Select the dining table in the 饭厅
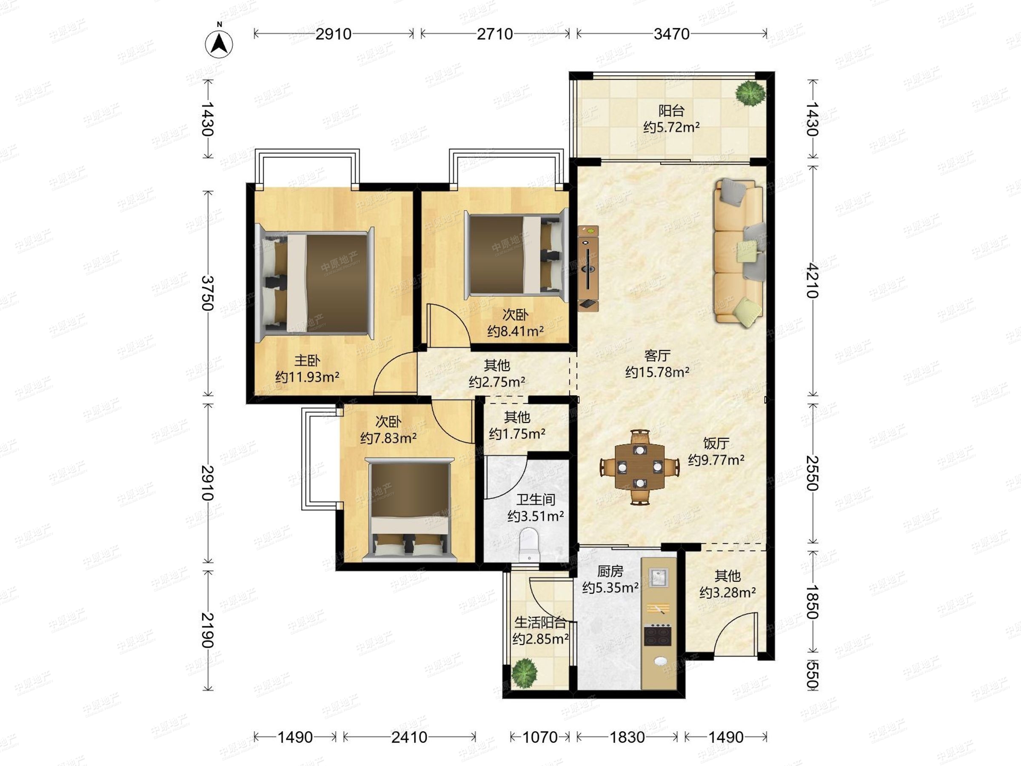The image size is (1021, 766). tap(640, 467)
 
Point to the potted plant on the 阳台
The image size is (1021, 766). tap(750, 94)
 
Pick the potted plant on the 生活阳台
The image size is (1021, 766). tap(525, 672)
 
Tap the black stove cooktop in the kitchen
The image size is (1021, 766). tap(658, 635)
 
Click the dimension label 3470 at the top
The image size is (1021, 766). tap(672, 34)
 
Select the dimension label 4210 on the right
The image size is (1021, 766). tap(813, 281)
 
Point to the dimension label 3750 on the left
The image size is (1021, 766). tap(208, 293)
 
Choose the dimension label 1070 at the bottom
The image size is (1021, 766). tap(539, 737)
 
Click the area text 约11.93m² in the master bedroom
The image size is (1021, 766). tap(308, 377)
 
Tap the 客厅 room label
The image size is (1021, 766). tap(657, 355)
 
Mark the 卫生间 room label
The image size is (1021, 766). tap(536, 499)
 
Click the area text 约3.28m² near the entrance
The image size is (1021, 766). tap(727, 592)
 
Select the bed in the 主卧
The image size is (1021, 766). tap(315, 283)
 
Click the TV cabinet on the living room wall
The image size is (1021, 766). tap(588, 268)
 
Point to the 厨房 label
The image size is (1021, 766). tap(610, 571)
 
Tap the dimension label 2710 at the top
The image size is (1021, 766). tap(495, 34)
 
